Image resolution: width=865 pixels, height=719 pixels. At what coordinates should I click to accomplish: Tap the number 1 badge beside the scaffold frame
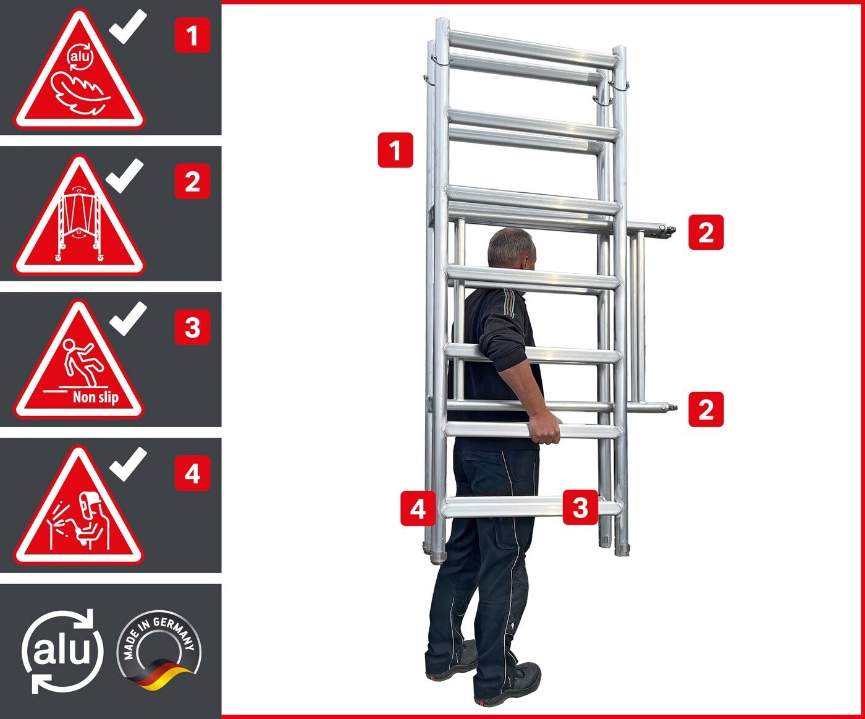pos(395,150)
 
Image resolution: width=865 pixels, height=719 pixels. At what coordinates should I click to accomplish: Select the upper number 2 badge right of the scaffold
pos(706,232)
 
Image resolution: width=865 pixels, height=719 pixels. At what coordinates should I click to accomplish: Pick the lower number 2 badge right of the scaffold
pos(706,409)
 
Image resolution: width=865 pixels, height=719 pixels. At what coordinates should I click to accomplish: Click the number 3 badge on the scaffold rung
pos(580,507)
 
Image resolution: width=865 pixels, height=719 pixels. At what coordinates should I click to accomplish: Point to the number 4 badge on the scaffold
pos(418,508)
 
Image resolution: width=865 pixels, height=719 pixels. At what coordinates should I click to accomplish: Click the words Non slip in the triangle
pos(96,398)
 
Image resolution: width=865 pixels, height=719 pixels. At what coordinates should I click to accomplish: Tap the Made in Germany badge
pos(159,650)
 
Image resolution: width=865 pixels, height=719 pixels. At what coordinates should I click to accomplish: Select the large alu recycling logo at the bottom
pos(62,651)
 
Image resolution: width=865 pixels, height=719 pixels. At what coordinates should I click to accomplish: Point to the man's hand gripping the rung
pos(545,430)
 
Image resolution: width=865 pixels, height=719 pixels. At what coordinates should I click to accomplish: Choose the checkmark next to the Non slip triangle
pos(128,318)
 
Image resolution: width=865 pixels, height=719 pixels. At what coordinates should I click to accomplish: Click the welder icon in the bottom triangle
pos(78,522)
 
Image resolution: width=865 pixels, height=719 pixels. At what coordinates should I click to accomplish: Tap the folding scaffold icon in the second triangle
pos(79,224)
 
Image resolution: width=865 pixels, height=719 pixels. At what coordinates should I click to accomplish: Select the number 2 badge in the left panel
pos(193,181)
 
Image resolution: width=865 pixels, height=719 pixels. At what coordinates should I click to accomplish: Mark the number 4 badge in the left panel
pos(193,474)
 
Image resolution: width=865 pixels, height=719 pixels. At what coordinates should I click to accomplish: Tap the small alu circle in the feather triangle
pos(80,56)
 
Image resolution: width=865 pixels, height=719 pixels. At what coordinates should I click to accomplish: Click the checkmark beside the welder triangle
pos(128,464)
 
